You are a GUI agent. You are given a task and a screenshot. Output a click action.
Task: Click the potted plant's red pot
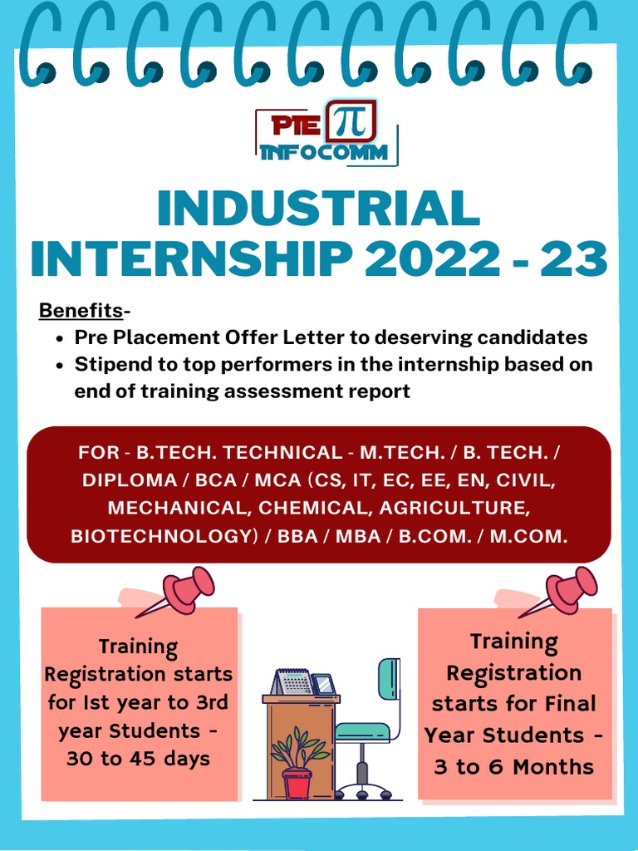tap(297, 783)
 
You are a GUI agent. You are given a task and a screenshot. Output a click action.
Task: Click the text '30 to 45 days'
tap(139, 759)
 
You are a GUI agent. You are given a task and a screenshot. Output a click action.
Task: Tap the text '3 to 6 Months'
tap(514, 766)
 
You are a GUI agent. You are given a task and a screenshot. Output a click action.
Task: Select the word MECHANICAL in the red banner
tap(179, 509)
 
